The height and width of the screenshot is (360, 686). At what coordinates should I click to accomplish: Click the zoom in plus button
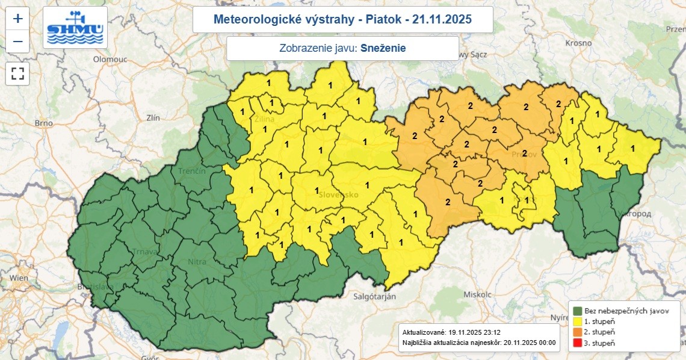18,18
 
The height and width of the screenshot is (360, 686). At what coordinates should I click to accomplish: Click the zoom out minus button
18,41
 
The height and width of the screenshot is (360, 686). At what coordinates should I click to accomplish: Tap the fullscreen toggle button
18,74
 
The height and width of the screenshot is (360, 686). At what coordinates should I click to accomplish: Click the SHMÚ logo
75,28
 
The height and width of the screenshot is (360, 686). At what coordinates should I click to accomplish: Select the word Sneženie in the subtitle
383,48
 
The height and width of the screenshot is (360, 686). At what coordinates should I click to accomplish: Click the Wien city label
19,278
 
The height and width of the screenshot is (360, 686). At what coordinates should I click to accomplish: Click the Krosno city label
579,43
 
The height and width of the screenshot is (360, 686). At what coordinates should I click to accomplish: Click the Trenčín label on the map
192,172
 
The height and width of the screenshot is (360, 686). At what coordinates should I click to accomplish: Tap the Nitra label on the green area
197,262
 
